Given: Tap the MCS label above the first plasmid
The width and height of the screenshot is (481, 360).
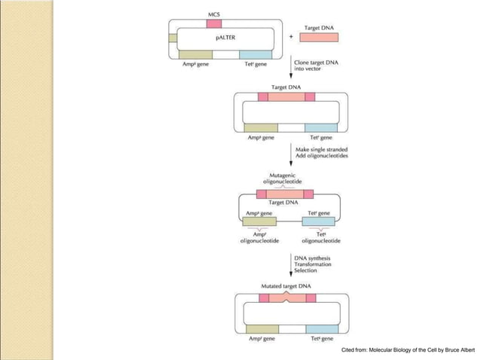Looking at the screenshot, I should (215, 14).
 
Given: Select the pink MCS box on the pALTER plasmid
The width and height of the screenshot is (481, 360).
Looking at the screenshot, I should (215, 24).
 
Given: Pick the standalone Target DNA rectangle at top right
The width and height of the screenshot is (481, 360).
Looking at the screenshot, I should (319, 36).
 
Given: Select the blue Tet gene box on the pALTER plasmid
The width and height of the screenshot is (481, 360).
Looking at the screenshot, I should (256, 54).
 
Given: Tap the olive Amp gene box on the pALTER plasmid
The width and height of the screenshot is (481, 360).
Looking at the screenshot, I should (195, 54).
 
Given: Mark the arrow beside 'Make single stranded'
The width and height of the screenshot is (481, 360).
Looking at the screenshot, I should (291, 154).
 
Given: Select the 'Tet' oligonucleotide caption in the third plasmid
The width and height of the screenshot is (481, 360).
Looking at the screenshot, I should (320, 238).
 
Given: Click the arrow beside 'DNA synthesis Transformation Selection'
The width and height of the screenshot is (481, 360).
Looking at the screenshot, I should (291, 264).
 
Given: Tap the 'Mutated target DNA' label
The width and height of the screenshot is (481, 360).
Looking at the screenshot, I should (286, 287).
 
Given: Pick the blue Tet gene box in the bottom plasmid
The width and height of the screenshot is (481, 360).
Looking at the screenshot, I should (321, 329).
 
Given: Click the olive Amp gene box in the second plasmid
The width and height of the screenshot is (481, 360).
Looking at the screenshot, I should (261, 127).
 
